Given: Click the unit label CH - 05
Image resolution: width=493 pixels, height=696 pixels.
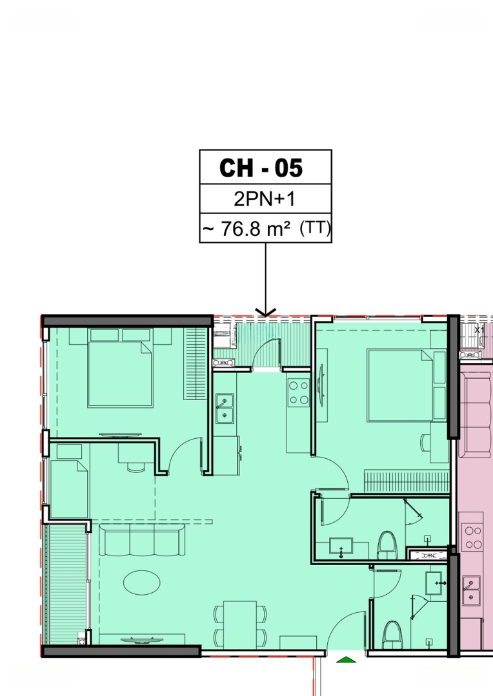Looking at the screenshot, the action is (261, 168).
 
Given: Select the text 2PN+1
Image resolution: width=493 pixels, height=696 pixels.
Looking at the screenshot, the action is (265, 199).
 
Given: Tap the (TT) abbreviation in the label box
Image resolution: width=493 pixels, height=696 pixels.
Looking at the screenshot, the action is (315, 228).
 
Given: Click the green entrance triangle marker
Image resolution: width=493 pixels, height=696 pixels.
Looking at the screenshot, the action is (347, 659).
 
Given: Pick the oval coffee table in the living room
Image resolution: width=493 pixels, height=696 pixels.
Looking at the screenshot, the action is (142, 582).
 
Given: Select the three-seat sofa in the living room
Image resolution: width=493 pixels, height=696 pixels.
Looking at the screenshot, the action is (142, 539).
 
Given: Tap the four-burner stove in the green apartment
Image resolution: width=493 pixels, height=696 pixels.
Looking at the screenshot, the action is (299, 393).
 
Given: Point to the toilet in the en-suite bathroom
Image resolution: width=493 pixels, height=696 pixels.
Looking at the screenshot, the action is (387, 545).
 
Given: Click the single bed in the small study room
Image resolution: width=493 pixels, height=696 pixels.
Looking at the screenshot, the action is (69, 489).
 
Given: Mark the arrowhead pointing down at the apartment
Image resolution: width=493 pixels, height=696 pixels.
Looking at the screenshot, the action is (266, 313).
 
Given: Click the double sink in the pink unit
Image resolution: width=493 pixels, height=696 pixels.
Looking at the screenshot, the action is (471, 590).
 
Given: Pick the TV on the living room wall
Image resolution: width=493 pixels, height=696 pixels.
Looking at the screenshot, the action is (142, 641).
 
